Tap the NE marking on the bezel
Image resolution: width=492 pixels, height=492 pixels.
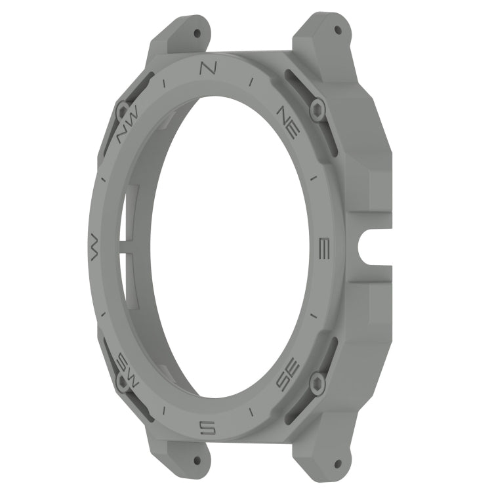289,122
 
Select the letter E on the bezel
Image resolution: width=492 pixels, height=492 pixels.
323,248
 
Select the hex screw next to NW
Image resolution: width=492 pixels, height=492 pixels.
123,111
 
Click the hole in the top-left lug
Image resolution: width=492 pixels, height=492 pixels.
196,31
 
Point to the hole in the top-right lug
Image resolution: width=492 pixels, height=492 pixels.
338,30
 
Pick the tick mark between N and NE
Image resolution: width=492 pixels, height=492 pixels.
252,81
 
